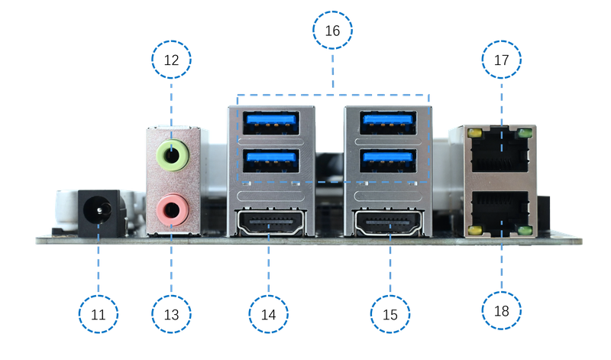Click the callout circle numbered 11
tap(99, 314)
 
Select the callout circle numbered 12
tap(171, 60)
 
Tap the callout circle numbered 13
tap(171, 314)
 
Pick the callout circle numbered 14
tap(269, 314)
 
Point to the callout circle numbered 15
tap(390, 314)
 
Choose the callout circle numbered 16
tap(332, 31)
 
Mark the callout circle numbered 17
tap(502, 60)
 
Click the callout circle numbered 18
tap(502, 311)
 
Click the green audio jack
tap(173, 155)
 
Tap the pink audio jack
tap(173, 210)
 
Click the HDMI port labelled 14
tap(270, 223)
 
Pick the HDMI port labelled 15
tap(388, 223)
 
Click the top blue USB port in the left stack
tap(271, 123)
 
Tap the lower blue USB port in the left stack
tap(271, 161)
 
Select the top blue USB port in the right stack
tap(388, 123)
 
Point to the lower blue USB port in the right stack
tap(388, 161)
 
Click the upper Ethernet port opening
tap(500, 150)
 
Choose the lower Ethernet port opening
tap(500, 213)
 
